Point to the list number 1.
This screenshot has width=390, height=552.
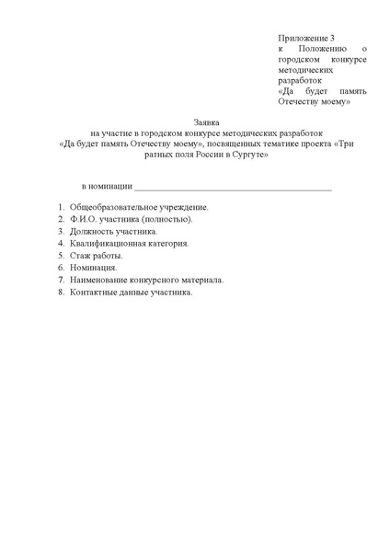(60, 208)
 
